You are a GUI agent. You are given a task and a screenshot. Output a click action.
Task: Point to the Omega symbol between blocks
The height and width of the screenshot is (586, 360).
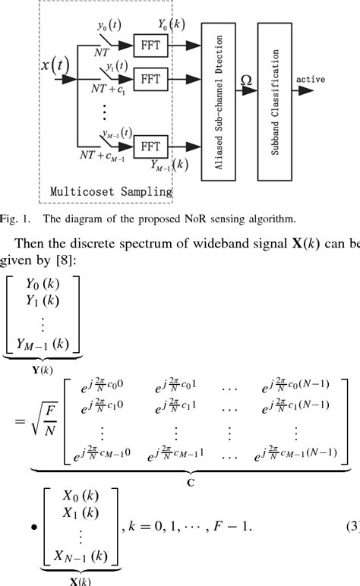(246, 80)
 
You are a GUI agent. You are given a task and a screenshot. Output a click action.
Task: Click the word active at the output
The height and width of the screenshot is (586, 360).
(311, 79)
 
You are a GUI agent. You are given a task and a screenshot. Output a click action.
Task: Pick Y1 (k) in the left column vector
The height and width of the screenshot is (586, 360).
(43, 304)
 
